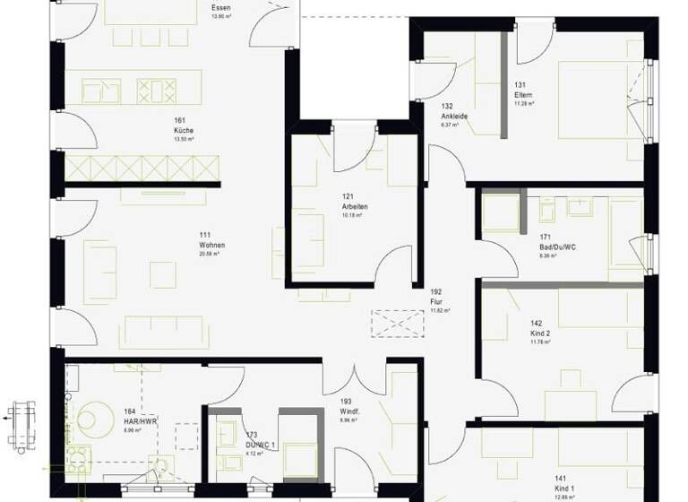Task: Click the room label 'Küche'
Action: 183,131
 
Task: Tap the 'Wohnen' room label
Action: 212,245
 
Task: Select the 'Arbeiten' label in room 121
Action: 355,206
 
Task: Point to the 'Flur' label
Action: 436,302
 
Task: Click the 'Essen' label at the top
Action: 220,8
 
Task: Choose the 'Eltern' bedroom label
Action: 523,96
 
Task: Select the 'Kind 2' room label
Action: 540,333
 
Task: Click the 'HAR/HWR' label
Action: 142,421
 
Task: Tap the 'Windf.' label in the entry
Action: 349,411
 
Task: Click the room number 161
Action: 179,120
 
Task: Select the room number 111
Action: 205,235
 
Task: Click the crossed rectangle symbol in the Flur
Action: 397,324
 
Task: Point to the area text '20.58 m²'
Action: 209,254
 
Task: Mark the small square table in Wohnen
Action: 162,274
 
